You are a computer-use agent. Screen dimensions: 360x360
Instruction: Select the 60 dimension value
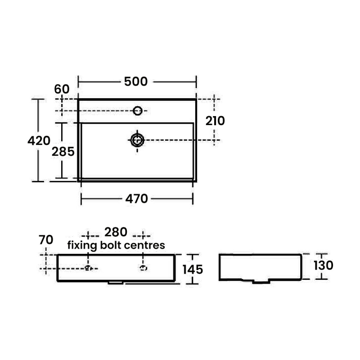pos(62,89)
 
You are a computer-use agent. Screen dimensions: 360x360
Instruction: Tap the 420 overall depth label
pos(39,141)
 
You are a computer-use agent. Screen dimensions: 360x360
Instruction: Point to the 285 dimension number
pos(63,152)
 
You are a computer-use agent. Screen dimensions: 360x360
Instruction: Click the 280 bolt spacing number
pos(116,232)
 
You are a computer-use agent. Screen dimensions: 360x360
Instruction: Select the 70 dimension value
pos(46,239)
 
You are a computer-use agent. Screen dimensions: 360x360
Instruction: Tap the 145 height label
pos(193,269)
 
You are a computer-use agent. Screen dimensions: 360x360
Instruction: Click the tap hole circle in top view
pos(138,110)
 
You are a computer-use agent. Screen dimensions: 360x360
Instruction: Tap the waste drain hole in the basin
pos(137,140)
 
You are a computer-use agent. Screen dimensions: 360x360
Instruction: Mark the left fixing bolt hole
pos(88,269)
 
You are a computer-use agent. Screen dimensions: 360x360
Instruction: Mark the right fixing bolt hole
pos(144,269)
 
